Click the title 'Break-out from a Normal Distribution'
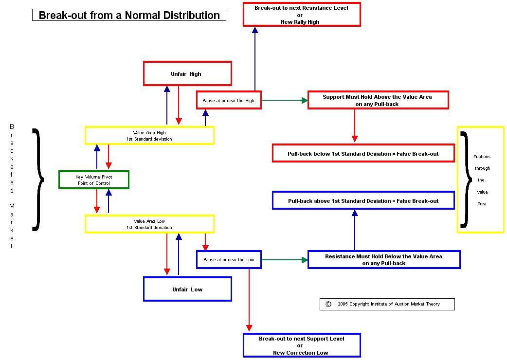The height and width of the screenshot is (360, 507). [129, 15]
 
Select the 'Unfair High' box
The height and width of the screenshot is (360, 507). [187, 73]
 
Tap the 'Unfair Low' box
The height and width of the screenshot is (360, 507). [187, 289]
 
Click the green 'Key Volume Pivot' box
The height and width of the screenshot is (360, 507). [94, 180]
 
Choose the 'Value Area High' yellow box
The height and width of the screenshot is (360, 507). [149, 136]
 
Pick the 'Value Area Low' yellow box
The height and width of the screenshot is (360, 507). [149, 224]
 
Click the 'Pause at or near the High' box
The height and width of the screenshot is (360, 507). [229, 100]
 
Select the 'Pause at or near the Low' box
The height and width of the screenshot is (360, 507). [229, 259]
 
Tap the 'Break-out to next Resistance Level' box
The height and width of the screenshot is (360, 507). [302, 15]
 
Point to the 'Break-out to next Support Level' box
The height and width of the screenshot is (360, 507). [302, 345]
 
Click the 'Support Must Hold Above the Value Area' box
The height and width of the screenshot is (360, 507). [378, 100]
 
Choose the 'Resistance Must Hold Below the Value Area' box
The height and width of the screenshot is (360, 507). [384, 259]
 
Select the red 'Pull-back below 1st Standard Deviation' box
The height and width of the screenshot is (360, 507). [363, 153]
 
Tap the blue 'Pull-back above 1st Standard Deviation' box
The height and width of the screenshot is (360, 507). [363, 200]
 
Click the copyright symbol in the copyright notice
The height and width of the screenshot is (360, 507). [328, 304]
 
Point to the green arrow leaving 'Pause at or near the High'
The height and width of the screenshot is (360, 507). [285, 101]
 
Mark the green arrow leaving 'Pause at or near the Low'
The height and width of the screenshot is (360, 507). [285, 260]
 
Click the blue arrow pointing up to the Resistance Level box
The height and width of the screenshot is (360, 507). [255, 58]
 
